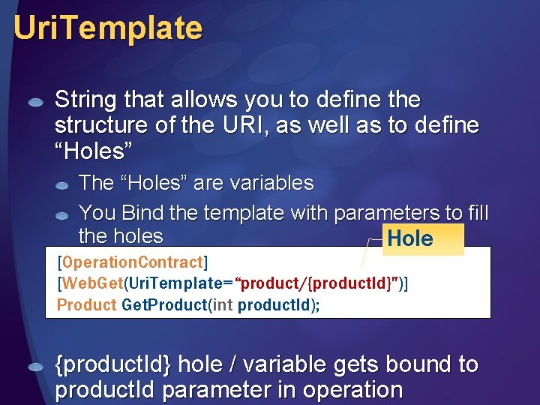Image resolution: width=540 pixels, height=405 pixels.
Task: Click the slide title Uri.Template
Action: pyautogui.click(x=108, y=28)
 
